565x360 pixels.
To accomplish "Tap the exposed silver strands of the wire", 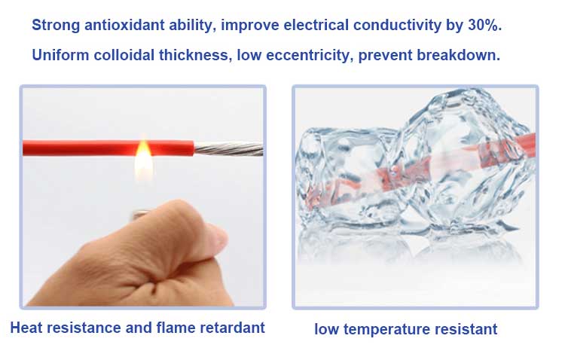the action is [228, 148].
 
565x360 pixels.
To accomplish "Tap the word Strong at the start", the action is [56, 26].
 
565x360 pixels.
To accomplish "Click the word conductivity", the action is [397, 25].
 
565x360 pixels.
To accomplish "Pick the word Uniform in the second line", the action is [60, 55].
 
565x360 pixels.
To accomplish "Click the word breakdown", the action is [458, 55].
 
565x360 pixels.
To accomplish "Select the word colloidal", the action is [124, 55].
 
